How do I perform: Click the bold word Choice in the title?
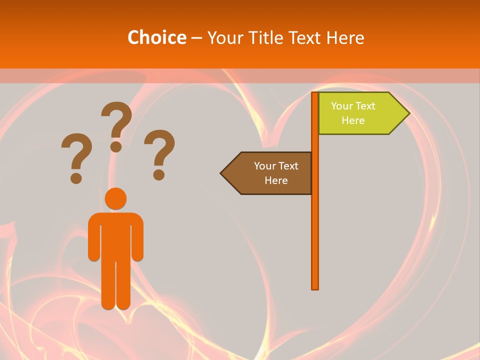click(x=156, y=37)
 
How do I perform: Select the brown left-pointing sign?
click(x=270, y=173)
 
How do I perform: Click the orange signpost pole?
click(x=315, y=225)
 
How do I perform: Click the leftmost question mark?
click(x=76, y=152)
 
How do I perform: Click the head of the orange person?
click(x=115, y=198)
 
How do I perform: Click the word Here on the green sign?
click(x=353, y=120)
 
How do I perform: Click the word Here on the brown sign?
click(x=276, y=180)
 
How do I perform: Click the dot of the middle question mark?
click(x=116, y=146)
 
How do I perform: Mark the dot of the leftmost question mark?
click(x=76, y=177)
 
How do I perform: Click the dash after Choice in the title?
click(x=196, y=38)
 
